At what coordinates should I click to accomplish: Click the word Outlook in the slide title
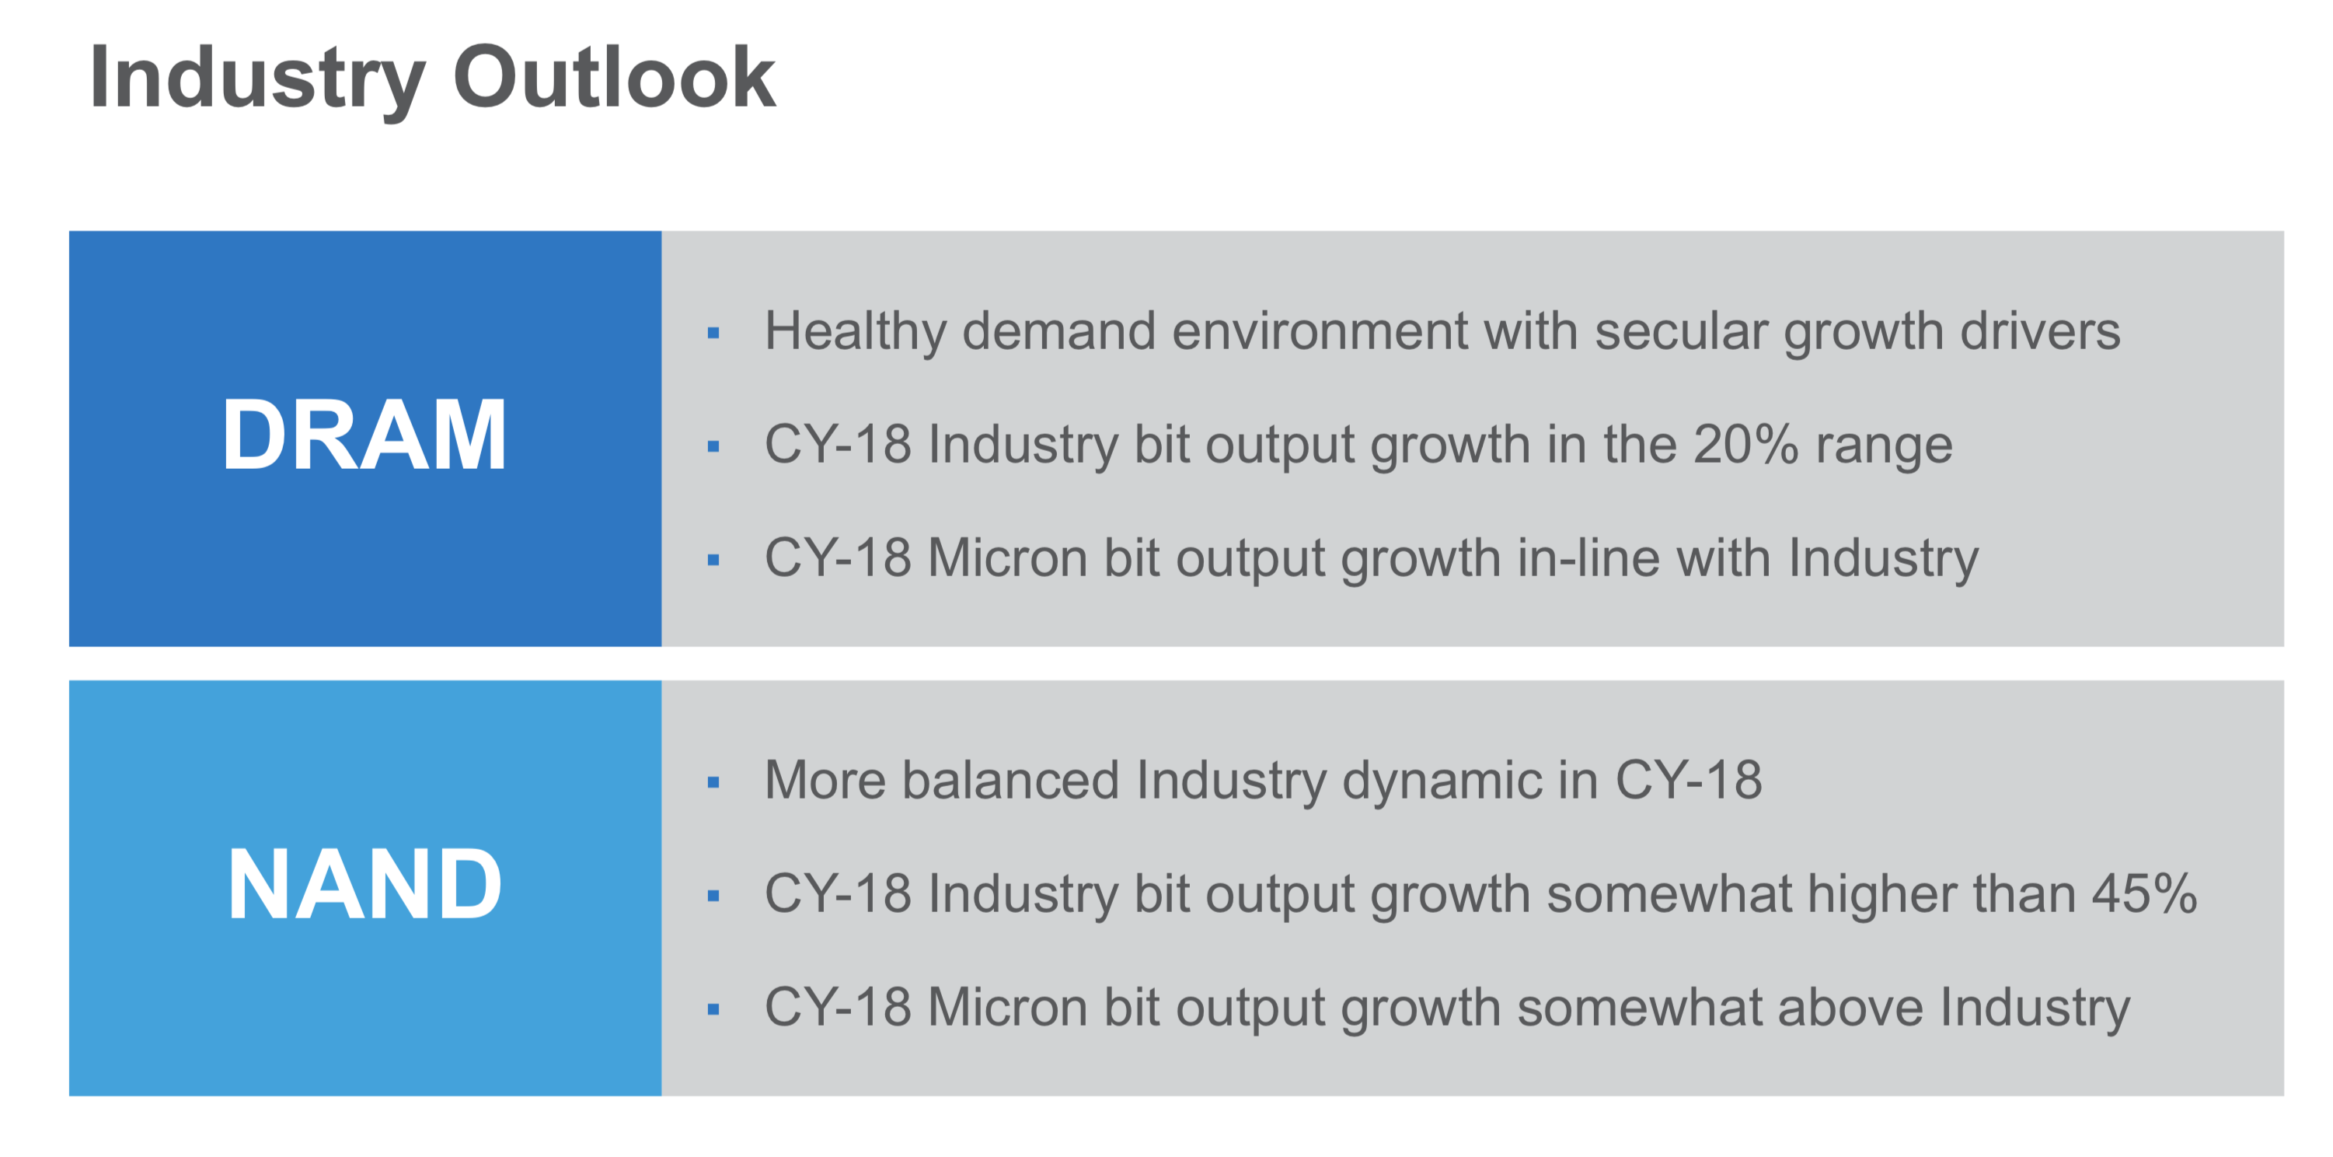(613, 78)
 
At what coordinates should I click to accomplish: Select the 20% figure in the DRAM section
(1745, 444)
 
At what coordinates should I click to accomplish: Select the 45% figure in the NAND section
(2143, 893)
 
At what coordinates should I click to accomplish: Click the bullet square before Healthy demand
(713, 334)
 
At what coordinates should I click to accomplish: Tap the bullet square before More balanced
(713, 782)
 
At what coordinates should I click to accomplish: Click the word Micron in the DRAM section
(1006, 558)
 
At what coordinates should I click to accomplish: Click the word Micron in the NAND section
(1006, 1007)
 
